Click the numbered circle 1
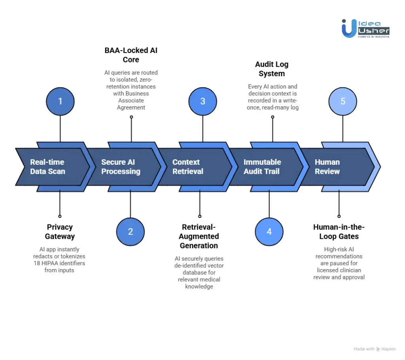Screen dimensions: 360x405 [60, 101]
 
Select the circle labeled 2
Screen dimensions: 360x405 [131, 232]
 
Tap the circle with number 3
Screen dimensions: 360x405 [202, 101]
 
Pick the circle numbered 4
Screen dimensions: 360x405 [269, 232]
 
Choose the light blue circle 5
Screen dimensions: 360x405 [343, 101]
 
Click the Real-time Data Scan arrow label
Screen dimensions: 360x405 [47, 167]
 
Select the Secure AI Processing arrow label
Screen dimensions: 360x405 [121, 167]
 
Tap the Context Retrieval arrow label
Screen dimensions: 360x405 [188, 167]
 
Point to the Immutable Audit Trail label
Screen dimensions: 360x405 [262, 167]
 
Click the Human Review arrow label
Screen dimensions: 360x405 [327, 167]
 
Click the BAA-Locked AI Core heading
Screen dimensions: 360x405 [131, 55]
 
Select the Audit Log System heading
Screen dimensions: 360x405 [272, 69]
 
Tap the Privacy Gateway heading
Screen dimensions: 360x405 [60, 232]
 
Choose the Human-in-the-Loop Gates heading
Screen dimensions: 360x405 [339, 232]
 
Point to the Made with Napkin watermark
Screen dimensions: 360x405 [374, 349]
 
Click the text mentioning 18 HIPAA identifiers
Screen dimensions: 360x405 [59, 263]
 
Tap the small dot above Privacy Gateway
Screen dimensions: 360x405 [60, 216]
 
